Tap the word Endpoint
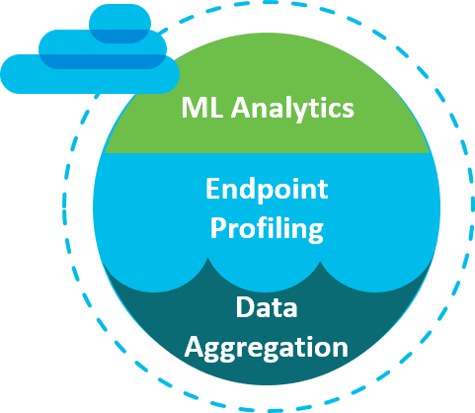(x=267, y=191)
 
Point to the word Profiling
(x=267, y=229)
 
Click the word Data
(x=267, y=306)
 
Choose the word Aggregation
(x=266, y=349)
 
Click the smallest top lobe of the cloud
(x=119, y=24)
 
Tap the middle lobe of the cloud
(x=103, y=49)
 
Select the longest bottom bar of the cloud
(x=90, y=74)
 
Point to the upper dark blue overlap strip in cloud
(x=119, y=37)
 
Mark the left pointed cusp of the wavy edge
(x=207, y=258)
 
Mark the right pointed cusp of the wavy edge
(x=320, y=262)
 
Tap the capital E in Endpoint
(x=212, y=189)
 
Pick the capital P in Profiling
(x=217, y=227)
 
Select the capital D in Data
(x=245, y=306)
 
